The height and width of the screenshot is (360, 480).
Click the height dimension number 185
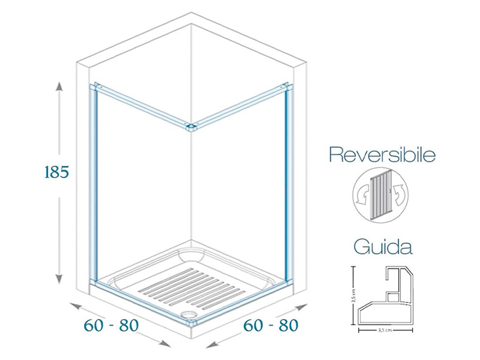[x=58, y=172]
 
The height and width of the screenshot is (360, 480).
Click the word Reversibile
[x=382, y=156]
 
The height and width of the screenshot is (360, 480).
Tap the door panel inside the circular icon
[x=379, y=192]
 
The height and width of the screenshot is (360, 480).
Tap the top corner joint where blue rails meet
[x=191, y=127]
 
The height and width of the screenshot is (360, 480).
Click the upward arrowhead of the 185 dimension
[x=59, y=86]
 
